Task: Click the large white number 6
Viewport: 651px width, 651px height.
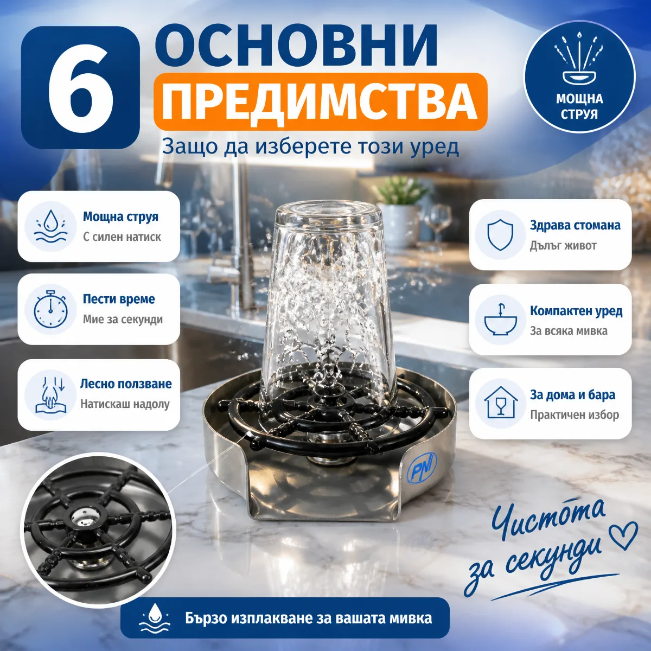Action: coord(80,87)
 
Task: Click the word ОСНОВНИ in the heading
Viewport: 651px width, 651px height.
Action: coord(296,47)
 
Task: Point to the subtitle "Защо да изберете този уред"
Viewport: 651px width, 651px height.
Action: coord(310,148)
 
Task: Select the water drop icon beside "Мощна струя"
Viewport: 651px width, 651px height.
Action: coord(50,226)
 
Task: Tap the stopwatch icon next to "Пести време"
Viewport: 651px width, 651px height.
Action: coord(50,309)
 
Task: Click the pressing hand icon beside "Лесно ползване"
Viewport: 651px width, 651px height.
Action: coord(50,395)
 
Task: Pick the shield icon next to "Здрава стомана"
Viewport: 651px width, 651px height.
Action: coord(500,235)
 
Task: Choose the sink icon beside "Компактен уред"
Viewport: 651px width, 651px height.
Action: coord(500,319)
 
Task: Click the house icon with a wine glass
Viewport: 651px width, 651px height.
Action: coord(501,403)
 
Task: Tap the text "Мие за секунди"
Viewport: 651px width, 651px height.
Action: coord(123,319)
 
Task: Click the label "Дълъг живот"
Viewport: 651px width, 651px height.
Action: coord(563,245)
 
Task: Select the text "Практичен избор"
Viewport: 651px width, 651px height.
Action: coord(575,414)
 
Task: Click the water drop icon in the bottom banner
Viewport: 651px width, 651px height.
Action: coord(155,618)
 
